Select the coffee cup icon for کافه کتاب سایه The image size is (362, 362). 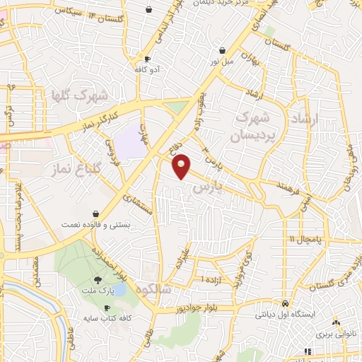107,308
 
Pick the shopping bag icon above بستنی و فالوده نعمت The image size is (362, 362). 95,214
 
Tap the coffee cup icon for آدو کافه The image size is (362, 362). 146,59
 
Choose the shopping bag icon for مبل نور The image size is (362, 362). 223,51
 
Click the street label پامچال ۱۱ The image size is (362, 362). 305,240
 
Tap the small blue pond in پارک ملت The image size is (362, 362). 120,289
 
